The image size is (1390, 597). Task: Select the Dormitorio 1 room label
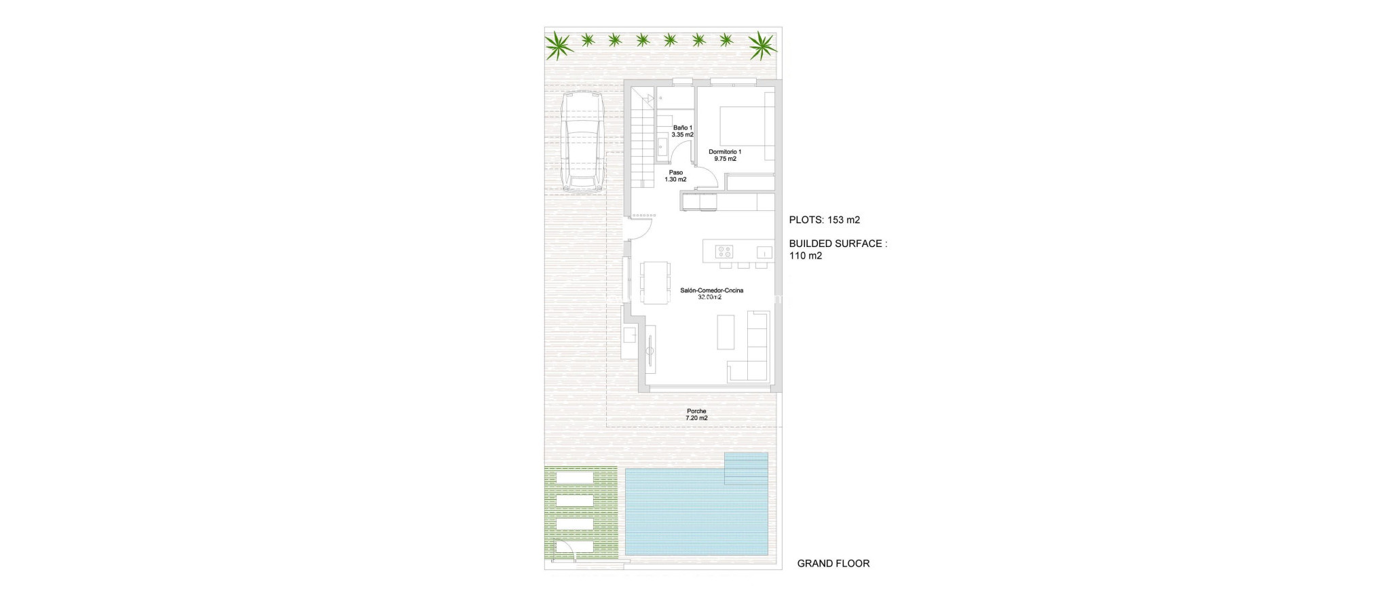pyautogui.click(x=725, y=155)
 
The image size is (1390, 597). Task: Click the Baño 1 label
pyautogui.click(x=682, y=131)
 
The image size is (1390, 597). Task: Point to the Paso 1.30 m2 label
pyautogui.click(x=675, y=176)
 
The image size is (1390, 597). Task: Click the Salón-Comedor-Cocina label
pyautogui.click(x=711, y=293)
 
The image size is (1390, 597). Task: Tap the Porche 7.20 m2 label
pyautogui.click(x=696, y=415)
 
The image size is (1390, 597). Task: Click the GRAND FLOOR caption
pyautogui.click(x=833, y=563)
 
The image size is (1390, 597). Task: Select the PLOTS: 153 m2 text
pyautogui.click(x=824, y=220)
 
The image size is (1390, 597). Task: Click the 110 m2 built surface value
pyautogui.click(x=806, y=256)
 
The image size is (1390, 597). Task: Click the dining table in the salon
pyautogui.click(x=181, y=282)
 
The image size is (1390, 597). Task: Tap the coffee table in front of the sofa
pyautogui.click(x=726, y=331)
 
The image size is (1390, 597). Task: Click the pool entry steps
pyautogui.click(x=747, y=469)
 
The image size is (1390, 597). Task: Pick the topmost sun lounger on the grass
pyautogui.click(x=575, y=478)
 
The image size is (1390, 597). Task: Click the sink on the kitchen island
pyautogui.click(x=764, y=252)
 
